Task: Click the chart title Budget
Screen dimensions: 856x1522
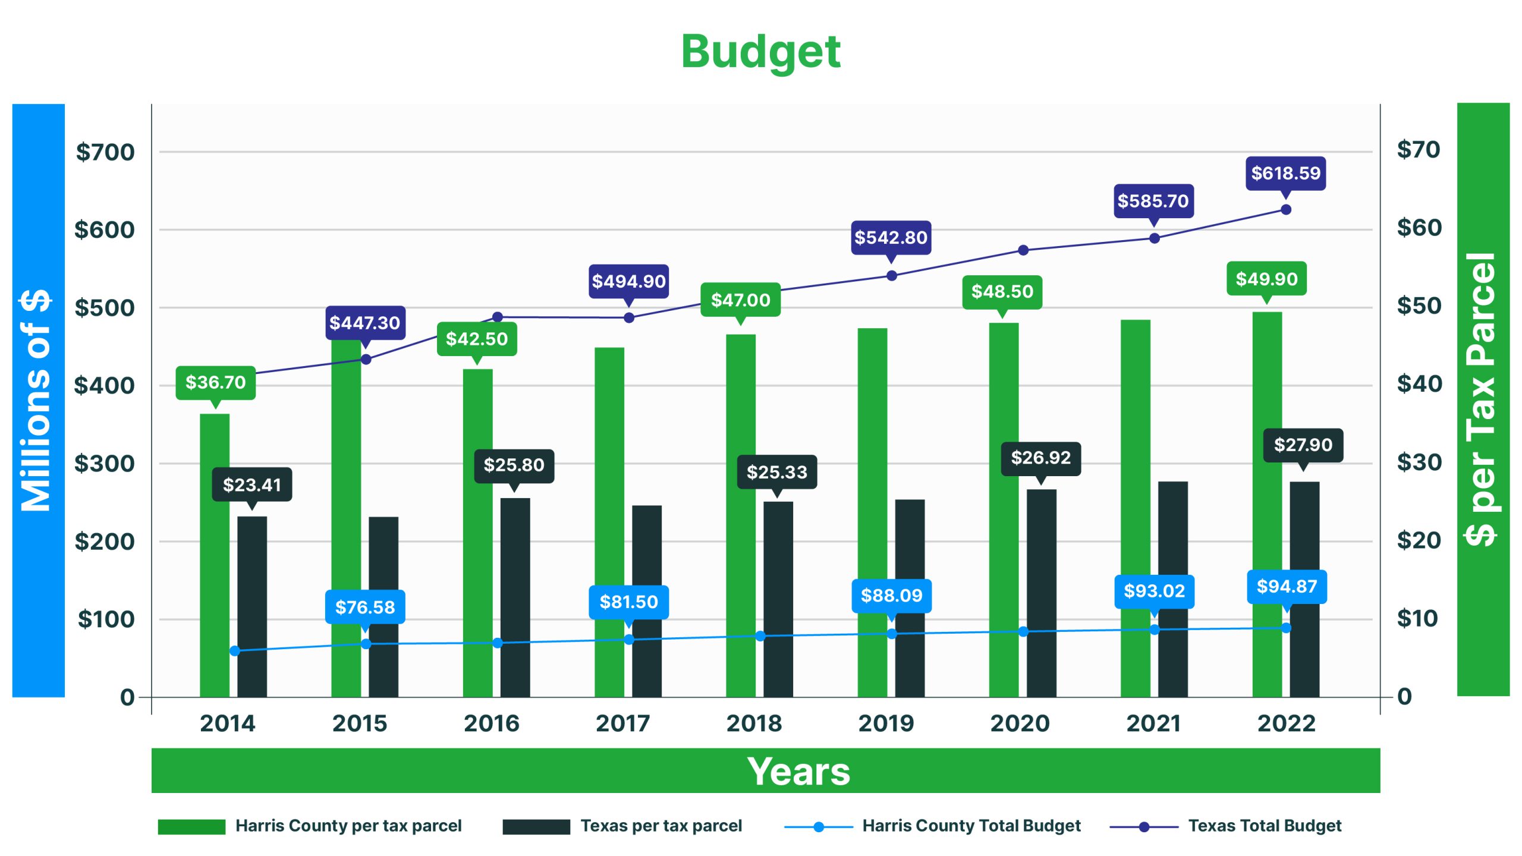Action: (760, 52)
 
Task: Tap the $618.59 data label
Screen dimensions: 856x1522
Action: (1285, 173)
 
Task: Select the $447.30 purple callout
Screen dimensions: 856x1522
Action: (365, 323)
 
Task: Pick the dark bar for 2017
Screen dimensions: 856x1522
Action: (647, 600)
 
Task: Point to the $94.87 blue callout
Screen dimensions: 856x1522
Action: (1287, 587)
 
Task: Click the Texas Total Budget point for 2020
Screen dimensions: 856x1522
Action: (1023, 250)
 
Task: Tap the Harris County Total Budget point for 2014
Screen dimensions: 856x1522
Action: (235, 651)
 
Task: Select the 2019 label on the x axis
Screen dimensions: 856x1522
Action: (886, 723)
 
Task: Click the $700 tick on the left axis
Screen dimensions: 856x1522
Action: (105, 152)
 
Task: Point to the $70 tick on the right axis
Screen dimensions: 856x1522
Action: (1419, 149)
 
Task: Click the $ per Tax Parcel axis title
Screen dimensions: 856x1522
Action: (1483, 399)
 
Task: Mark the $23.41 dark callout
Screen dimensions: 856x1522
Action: (252, 485)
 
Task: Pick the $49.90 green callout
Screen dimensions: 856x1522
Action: (1266, 279)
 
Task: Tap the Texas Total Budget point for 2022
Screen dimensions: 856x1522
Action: (1285, 210)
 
